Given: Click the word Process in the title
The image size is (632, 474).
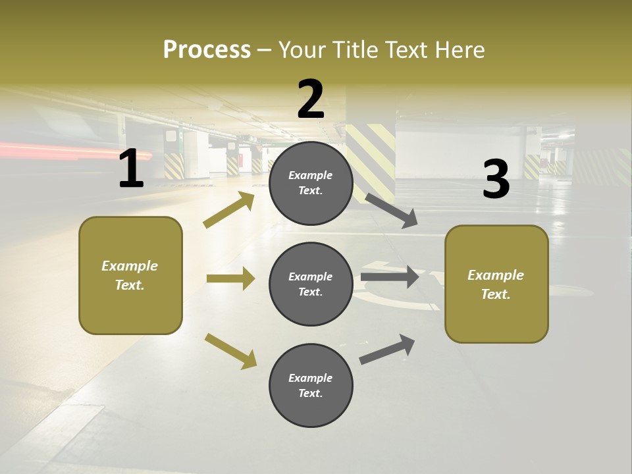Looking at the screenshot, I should [x=207, y=50].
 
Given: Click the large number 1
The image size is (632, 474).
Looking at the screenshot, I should [x=131, y=169].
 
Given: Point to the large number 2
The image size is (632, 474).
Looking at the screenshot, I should [x=311, y=99].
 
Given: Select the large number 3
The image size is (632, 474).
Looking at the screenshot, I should [x=496, y=180].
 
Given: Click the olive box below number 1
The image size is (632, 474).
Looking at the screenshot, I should [x=130, y=275].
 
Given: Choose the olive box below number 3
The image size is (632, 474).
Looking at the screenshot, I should [x=496, y=284].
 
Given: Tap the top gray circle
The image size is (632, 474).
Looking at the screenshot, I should [x=311, y=183].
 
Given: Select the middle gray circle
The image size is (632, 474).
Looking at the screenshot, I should [x=311, y=284].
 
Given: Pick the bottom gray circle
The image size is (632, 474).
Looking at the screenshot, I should [x=311, y=385].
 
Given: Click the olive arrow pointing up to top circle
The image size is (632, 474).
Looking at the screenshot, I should [x=229, y=210].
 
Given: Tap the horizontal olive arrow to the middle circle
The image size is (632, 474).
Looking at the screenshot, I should [x=230, y=278].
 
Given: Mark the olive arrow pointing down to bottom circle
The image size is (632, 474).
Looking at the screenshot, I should [x=230, y=350].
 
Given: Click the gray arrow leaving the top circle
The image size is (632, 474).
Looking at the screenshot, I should [x=392, y=210].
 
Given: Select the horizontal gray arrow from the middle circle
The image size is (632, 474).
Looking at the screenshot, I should [x=390, y=277].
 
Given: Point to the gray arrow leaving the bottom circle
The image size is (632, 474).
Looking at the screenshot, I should [x=388, y=349].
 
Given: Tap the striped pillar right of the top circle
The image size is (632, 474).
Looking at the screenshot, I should [x=370, y=158].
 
